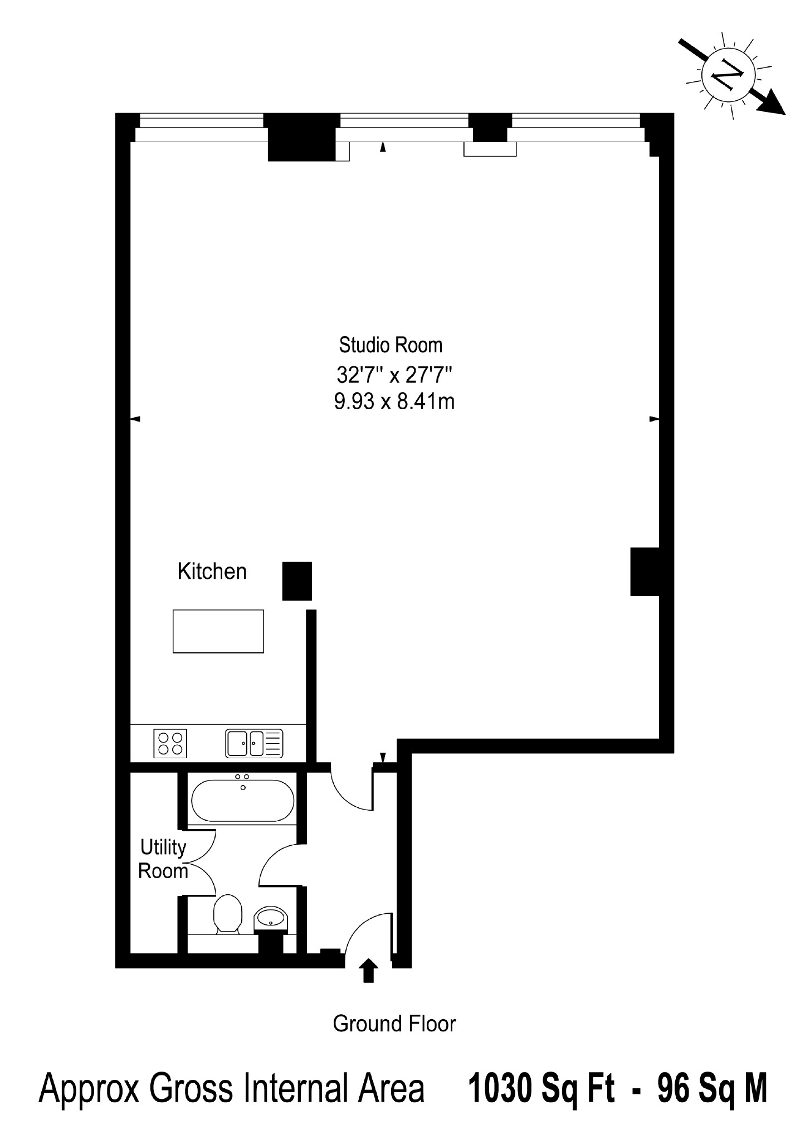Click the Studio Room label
[391, 345]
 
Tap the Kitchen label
[212, 571]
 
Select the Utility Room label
[163, 859]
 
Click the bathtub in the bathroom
[243, 800]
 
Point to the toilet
[228, 914]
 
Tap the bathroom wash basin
[271, 917]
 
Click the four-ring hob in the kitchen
[170, 743]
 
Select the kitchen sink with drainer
[254, 743]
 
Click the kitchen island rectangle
[218, 631]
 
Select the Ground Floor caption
[394, 1024]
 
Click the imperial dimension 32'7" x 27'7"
[393, 375]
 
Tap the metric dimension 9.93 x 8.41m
[394, 401]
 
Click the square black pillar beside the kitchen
[297, 581]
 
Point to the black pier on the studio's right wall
[645, 571]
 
